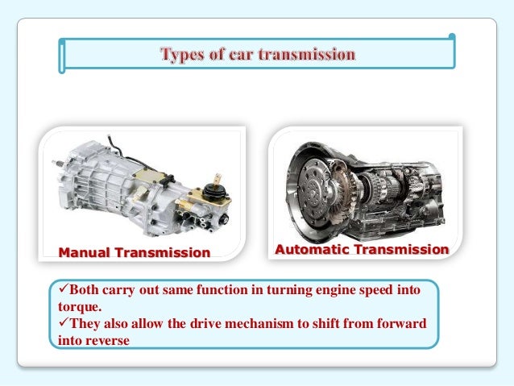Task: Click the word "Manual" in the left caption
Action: click(x=84, y=252)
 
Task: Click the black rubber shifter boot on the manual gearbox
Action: click(x=213, y=192)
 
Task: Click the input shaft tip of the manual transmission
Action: click(x=55, y=162)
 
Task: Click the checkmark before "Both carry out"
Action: click(x=64, y=288)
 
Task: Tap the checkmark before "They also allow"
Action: click(x=64, y=322)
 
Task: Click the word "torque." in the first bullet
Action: click(x=80, y=307)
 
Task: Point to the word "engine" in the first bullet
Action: click(x=335, y=291)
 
